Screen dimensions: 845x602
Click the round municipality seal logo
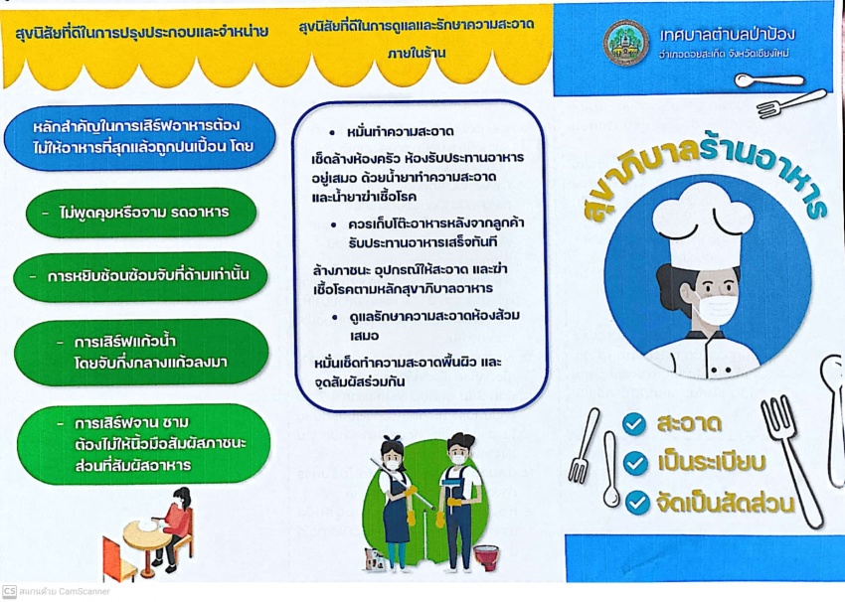pyautogui.click(x=625, y=43)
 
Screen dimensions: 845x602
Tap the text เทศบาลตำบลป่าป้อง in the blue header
pyautogui.click(x=728, y=35)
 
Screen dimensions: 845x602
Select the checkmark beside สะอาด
pyautogui.click(x=634, y=424)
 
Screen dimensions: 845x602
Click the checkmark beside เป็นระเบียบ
pyautogui.click(x=635, y=464)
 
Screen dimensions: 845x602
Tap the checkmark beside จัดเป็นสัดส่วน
pyautogui.click(x=637, y=503)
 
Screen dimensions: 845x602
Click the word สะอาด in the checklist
pyautogui.click(x=689, y=423)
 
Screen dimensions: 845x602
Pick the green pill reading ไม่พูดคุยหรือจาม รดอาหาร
pyautogui.click(x=141, y=213)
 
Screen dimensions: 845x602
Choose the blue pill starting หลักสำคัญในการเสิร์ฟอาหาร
pyautogui.click(x=140, y=137)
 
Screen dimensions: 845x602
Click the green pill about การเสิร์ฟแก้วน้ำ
pyautogui.click(x=141, y=352)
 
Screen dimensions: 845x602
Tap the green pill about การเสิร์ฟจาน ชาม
pyautogui.click(x=143, y=444)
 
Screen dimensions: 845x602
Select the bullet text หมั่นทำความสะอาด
pyautogui.click(x=401, y=131)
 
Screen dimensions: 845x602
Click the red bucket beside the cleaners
pyautogui.click(x=486, y=557)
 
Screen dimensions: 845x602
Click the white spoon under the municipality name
pyautogui.click(x=769, y=80)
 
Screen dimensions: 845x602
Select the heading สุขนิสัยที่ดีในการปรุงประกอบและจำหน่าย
pyautogui.click(x=142, y=33)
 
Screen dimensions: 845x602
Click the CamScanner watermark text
pyautogui.click(x=56, y=591)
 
